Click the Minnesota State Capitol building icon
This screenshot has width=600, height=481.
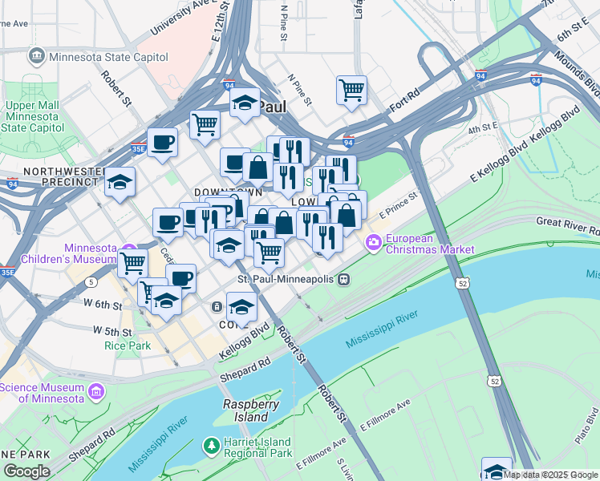coord(36,57)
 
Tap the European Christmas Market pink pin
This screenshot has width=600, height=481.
coord(374,241)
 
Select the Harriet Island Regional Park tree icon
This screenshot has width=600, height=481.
coord(211,444)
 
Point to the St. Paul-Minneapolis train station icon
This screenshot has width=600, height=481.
coord(343,279)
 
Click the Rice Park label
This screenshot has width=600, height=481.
coord(122,346)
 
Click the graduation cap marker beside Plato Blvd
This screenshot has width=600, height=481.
coord(497,470)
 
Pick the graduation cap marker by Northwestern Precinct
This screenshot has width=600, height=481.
coord(120,184)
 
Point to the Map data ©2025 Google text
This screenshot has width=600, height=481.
coord(550,475)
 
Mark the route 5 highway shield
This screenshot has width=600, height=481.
coord(93,282)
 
